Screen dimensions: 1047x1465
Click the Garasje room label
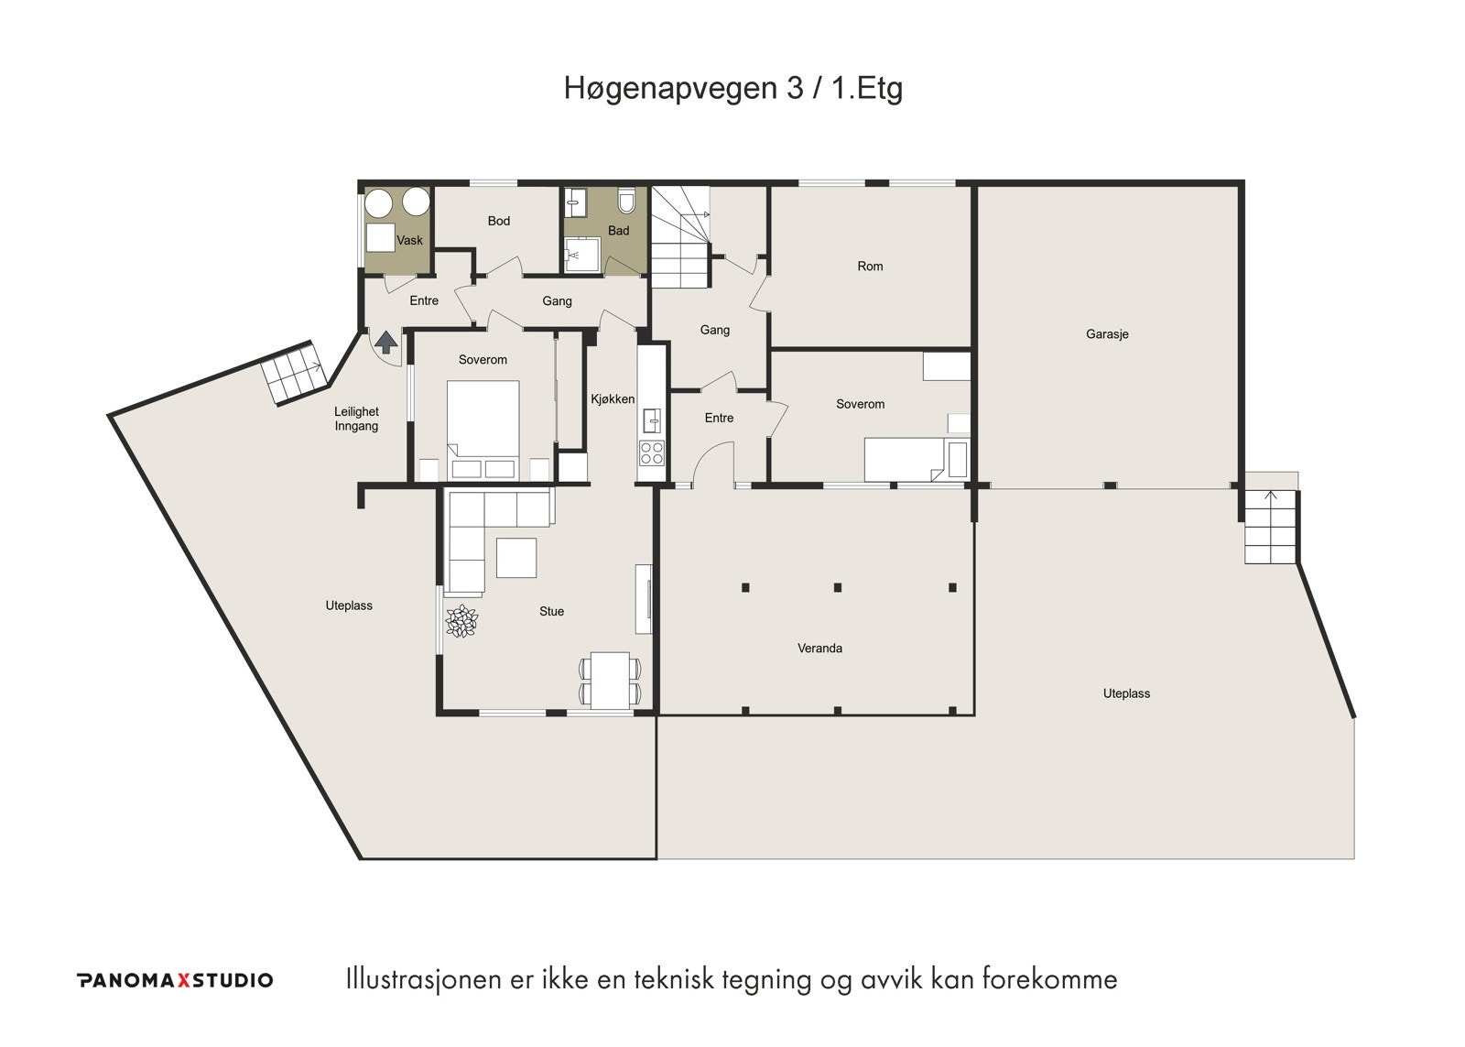coord(1107,334)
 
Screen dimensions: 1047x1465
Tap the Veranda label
coord(819,649)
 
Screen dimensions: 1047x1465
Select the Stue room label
coord(551,612)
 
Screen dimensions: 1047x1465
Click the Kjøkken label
coord(613,399)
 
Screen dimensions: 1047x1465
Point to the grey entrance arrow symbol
coord(386,344)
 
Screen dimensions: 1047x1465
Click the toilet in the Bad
coord(627,201)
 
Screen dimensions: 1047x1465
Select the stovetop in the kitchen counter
coord(652,453)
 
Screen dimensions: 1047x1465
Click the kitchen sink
coord(652,420)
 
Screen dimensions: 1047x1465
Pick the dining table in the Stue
coord(609,680)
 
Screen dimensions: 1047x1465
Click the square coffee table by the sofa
coord(516,558)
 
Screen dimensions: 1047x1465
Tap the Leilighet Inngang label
coord(356,419)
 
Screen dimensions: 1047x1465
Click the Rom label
coord(870,267)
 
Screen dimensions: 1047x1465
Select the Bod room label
coord(499,221)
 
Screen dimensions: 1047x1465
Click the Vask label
coord(410,241)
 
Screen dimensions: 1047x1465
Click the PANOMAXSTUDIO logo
coord(174,980)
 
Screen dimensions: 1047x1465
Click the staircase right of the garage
coord(1270,529)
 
